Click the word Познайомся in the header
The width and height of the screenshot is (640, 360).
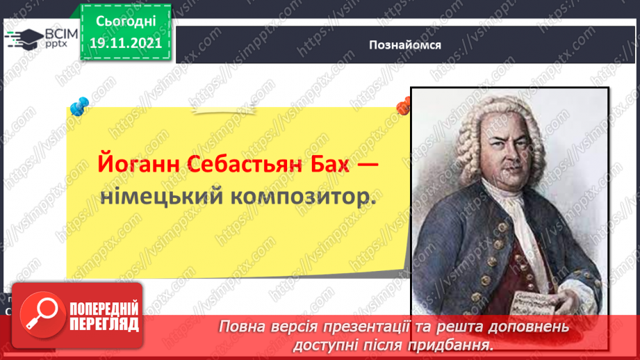[406, 45]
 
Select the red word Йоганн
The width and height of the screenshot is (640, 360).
[132, 167]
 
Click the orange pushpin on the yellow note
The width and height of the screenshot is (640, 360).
[403, 106]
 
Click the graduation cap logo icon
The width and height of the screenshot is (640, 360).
[24, 38]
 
